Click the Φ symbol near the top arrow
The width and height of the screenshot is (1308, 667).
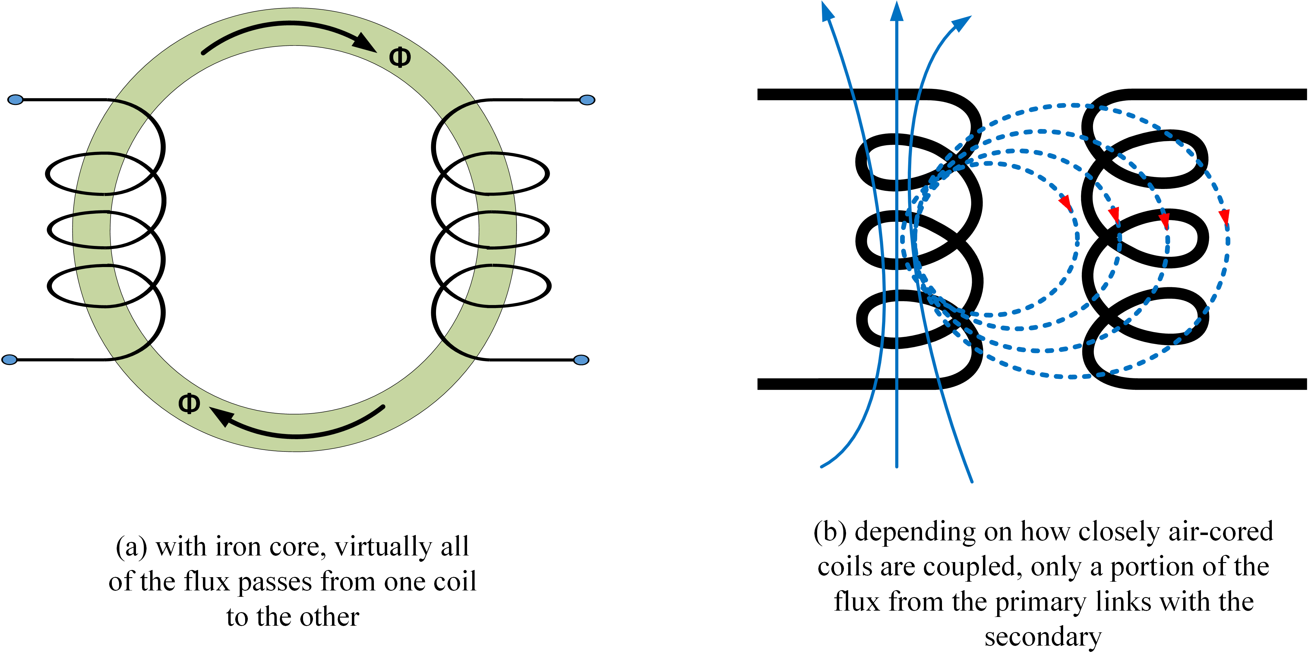point(400,57)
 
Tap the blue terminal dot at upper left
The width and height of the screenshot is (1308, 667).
point(16,99)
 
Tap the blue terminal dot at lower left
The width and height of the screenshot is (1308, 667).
point(10,360)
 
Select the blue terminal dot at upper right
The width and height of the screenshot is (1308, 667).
point(587,100)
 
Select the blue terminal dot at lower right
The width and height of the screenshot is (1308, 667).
point(581,360)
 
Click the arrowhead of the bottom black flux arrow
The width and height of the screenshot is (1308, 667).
point(221,416)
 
